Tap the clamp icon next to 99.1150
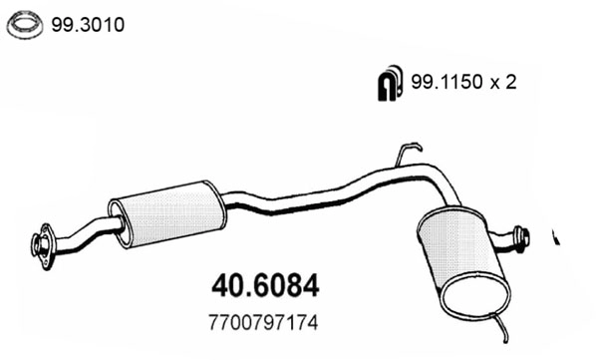387,86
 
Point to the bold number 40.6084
264,286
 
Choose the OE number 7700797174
264,324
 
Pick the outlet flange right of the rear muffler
521,237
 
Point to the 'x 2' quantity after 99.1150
504,86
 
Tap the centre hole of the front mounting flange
42,242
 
